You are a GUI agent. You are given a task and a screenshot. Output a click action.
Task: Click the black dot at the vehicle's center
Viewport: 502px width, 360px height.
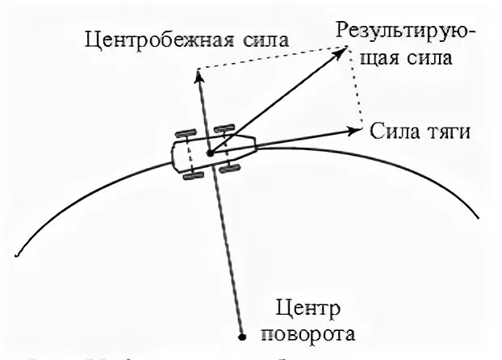pyautogui.click(x=209, y=152)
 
